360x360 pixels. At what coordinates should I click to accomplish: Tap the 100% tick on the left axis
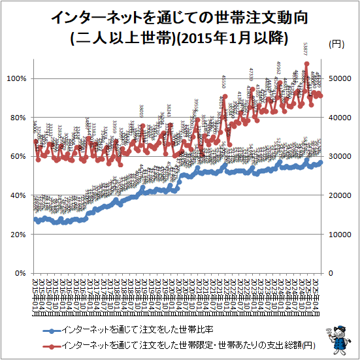(x=16, y=78)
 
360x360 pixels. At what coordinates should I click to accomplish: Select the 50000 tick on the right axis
(x=338, y=78)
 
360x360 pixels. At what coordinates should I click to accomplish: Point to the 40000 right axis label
(x=338, y=118)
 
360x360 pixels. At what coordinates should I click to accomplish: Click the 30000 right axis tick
(x=338, y=157)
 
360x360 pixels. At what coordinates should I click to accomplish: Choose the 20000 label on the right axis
(x=338, y=195)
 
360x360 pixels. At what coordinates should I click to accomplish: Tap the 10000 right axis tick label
(x=338, y=235)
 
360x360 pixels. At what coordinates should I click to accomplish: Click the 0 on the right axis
(x=329, y=273)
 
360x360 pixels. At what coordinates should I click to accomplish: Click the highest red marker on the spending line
(x=306, y=64)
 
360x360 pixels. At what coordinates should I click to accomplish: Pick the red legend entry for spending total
(x=176, y=344)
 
